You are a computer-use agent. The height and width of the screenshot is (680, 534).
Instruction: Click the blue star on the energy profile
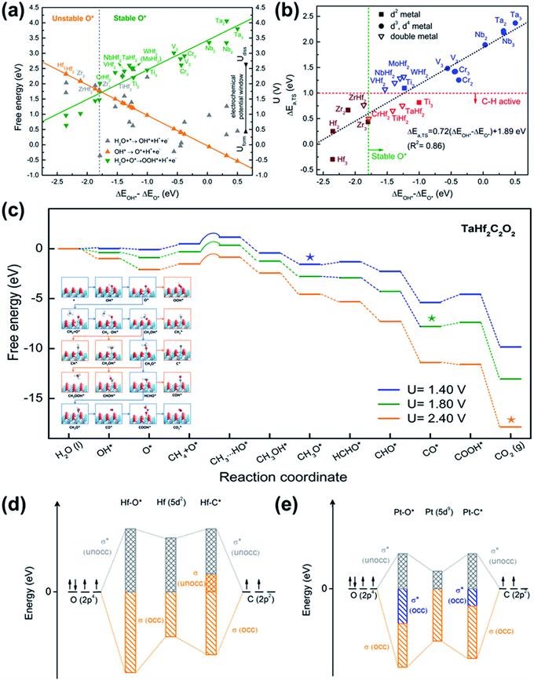point(310,257)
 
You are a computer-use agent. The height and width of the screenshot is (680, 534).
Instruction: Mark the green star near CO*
point(431,318)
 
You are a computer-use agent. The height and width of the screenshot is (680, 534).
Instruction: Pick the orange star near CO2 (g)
point(511,420)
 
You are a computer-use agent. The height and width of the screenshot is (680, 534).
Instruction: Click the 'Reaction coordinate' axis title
point(285,478)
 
